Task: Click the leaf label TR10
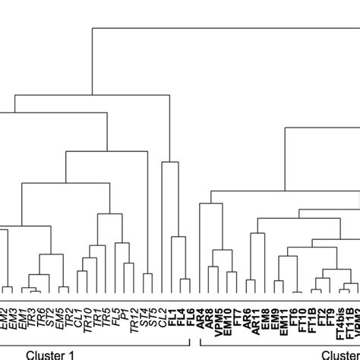point(88,317)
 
